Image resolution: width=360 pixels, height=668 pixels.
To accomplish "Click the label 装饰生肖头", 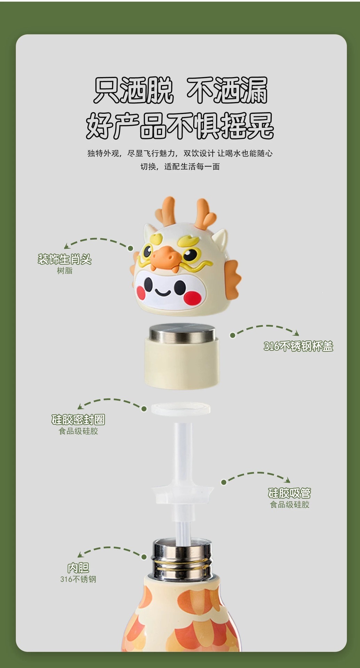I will (x=65, y=259).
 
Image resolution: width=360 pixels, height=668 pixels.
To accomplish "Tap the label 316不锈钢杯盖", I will (x=298, y=346).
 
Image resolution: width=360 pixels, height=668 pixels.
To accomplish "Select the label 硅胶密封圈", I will (x=78, y=420).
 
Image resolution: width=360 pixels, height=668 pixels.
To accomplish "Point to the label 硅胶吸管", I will (x=289, y=493).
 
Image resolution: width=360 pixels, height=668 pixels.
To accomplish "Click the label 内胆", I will (x=78, y=568).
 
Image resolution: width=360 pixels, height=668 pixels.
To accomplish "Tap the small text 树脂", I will (x=65, y=271).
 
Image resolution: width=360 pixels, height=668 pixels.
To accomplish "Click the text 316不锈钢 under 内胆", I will (x=78, y=579).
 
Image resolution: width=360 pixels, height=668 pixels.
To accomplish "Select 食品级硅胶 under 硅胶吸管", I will (x=289, y=504).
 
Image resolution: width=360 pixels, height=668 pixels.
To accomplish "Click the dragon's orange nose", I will (x=166, y=256).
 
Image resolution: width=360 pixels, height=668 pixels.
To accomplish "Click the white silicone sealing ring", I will (x=181, y=408).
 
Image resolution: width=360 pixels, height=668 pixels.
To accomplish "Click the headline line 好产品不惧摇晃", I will (x=180, y=126).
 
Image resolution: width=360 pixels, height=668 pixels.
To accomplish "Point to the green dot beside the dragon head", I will (x=130, y=248).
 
